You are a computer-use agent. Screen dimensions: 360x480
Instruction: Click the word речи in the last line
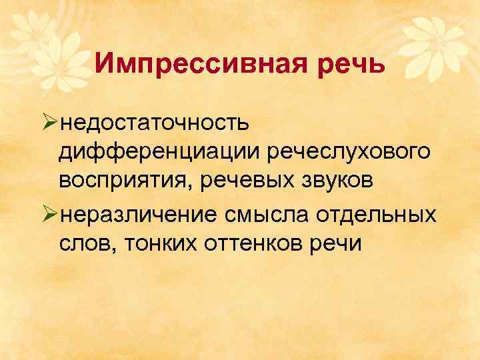(x=336, y=245)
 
